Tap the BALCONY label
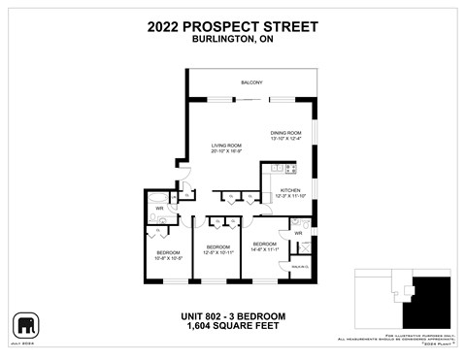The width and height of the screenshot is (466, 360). pyautogui.click(x=252, y=83)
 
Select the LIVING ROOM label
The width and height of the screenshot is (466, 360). pyautogui.click(x=225, y=146)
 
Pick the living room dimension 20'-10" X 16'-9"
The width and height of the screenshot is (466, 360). pyautogui.click(x=225, y=151)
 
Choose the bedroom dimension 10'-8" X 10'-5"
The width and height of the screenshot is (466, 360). pyautogui.click(x=168, y=258)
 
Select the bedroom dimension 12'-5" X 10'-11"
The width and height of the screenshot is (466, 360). pyautogui.click(x=217, y=252)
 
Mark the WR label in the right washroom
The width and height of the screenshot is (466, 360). pyautogui.click(x=299, y=233)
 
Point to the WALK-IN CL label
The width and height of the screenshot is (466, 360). pyautogui.click(x=299, y=265)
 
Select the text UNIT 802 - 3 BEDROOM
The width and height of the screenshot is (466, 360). pyautogui.click(x=233, y=316)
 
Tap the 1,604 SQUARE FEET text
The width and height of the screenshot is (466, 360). pyautogui.click(x=233, y=327)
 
